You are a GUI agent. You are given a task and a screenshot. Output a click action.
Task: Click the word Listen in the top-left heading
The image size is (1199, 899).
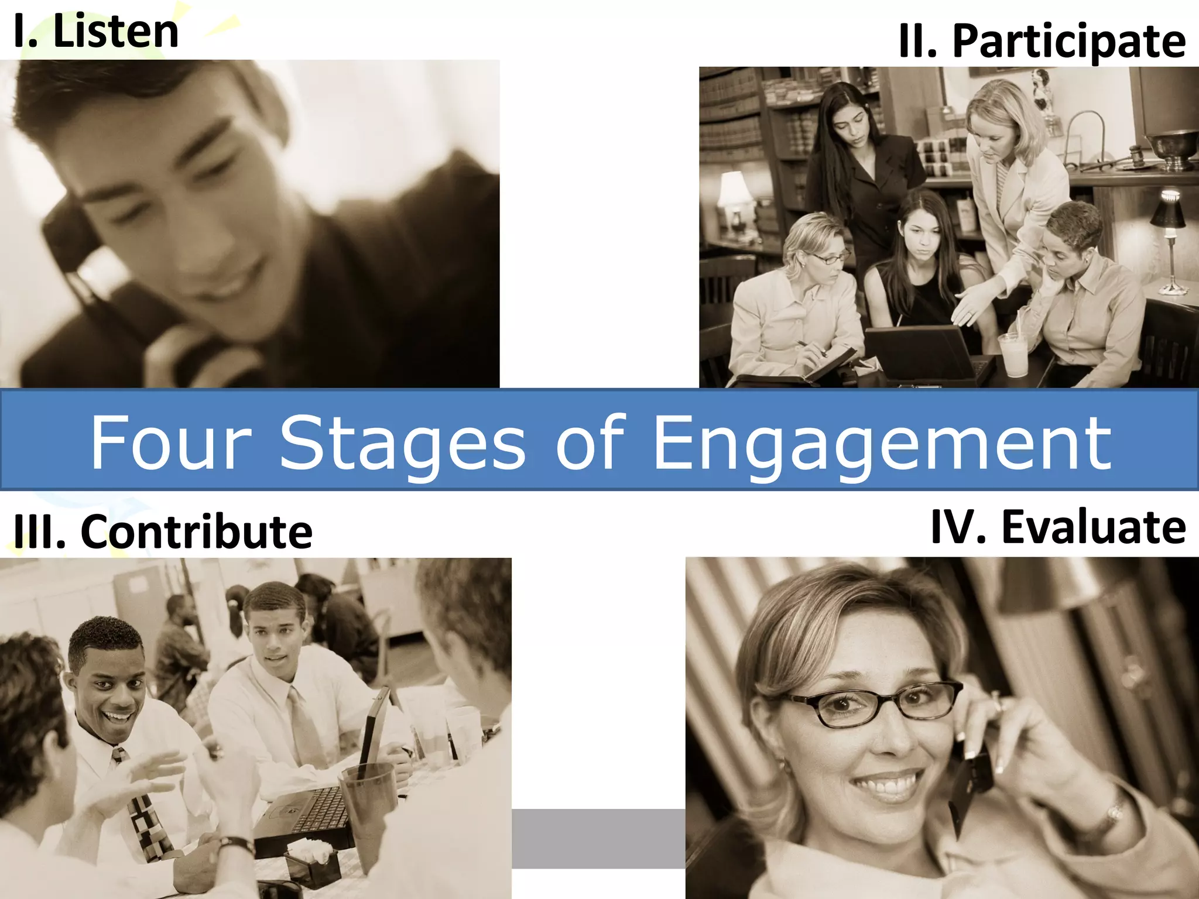click(x=115, y=32)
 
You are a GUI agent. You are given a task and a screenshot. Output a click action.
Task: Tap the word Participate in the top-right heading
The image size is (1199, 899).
click(x=1069, y=42)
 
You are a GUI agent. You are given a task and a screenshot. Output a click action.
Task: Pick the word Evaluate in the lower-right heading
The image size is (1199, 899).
click(x=1094, y=527)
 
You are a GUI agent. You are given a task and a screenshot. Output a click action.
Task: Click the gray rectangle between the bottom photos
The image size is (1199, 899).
click(x=598, y=838)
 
